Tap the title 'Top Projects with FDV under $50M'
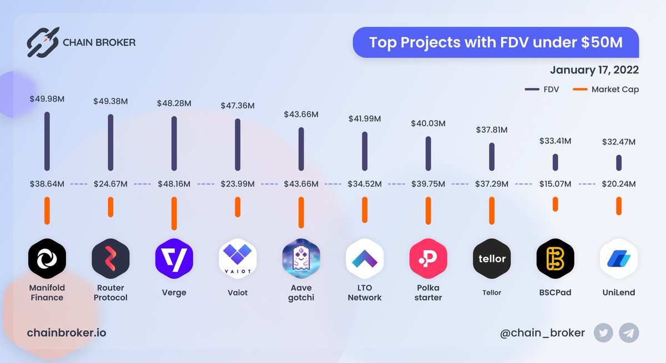click(x=496, y=42)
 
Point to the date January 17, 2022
click(x=594, y=70)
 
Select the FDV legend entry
click(x=542, y=89)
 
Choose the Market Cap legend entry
click(x=606, y=89)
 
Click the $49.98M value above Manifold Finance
click(x=47, y=99)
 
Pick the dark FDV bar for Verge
click(x=174, y=143)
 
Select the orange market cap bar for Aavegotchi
click(x=301, y=213)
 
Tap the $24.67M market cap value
click(x=110, y=184)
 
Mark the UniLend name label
click(x=618, y=292)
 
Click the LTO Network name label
click(x=365, y=293)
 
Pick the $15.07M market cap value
click(x=555, y=184)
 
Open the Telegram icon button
click(x=629, y=333)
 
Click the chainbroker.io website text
click(x=66, y=333)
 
